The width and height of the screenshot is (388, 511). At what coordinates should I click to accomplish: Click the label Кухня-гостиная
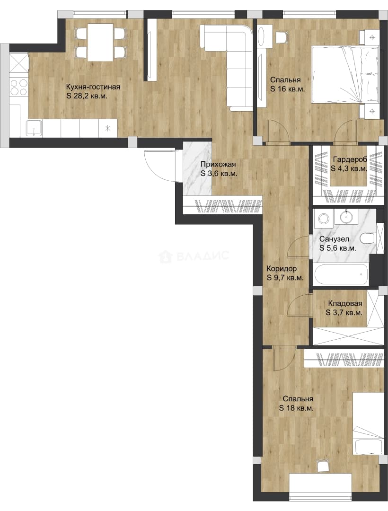93,87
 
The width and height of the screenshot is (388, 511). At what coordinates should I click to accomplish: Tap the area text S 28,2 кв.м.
87,96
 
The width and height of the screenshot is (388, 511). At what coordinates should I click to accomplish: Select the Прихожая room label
218,165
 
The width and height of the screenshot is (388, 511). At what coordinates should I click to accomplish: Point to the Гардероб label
350,160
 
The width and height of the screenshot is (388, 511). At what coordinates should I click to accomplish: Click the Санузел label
334,239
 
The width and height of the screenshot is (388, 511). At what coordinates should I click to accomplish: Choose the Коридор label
282,269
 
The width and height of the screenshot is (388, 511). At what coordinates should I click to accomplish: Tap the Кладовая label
345,303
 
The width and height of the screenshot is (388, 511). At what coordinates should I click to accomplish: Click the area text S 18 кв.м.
296,408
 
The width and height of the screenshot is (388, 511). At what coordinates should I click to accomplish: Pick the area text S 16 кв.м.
287,89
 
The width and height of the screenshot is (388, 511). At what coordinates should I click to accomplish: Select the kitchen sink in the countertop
34,128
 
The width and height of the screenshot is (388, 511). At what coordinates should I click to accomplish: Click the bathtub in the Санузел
341,274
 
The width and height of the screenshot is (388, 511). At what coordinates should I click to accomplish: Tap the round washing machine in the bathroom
324,218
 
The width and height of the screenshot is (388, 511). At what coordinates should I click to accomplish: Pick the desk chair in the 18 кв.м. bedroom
323,466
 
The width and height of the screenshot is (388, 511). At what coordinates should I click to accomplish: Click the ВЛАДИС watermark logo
194,256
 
